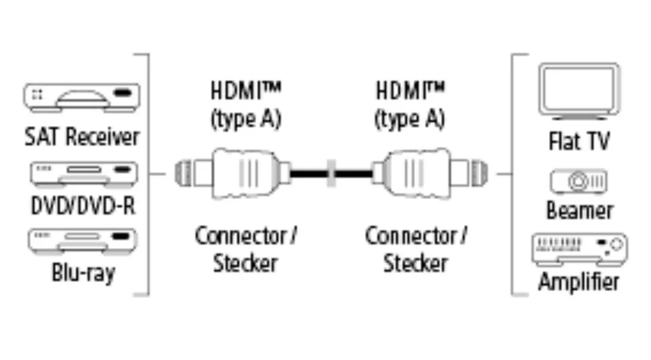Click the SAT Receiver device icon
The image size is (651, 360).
point(82,97)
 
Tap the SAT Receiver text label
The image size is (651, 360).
point(82,137)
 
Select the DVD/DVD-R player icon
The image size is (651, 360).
point(83,172)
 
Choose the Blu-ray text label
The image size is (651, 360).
point(82,274)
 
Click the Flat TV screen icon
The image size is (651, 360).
point(579,90)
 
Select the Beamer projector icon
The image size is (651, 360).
point(579,182)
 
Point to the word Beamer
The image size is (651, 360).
point(579,211)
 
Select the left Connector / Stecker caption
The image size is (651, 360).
point(246,249)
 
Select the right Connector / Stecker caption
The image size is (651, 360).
point(415,249)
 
